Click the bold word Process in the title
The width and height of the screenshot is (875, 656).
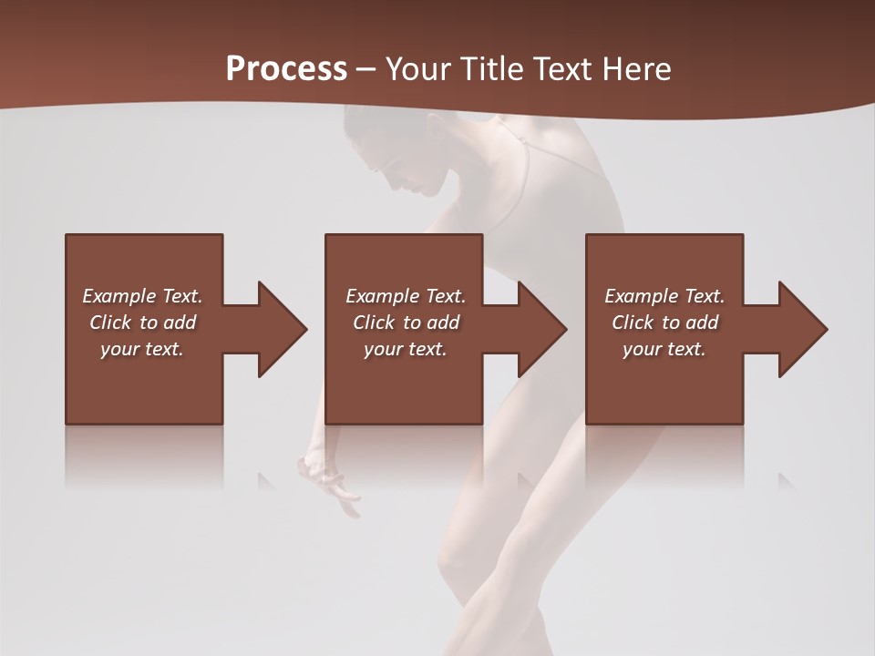point(286,69)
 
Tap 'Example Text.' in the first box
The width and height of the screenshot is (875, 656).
point(142,296)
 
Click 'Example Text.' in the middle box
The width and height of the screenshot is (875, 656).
point(406,296)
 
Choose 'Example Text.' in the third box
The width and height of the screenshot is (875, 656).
point(664,296)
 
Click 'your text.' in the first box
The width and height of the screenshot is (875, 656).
point(142,349)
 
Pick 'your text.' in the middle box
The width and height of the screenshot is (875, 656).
point(406,349)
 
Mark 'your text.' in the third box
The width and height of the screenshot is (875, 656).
point(664,349)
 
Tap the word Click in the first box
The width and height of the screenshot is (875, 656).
point(110,323)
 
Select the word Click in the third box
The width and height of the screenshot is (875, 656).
point(633,323)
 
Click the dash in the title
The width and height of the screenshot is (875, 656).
point(366,70)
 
